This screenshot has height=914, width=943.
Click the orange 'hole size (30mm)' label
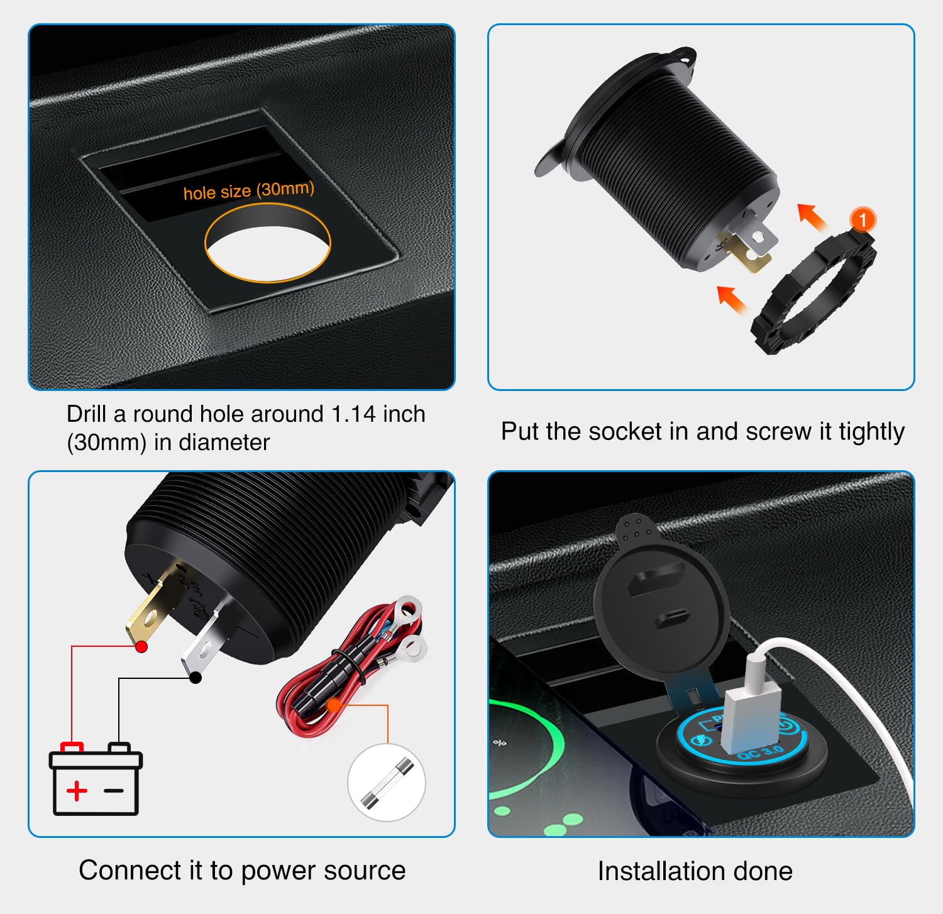point(248,190)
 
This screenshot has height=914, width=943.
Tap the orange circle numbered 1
point(863,219)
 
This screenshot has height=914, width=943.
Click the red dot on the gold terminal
point(141,646)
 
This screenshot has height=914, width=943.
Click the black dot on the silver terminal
point(196,677)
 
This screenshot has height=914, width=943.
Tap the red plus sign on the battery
point(77,790)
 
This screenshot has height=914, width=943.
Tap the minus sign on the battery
point(114,790)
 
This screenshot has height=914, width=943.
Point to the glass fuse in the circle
point(387,783)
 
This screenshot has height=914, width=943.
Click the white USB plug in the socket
point(751,717)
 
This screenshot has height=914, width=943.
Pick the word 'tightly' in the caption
point(871,432)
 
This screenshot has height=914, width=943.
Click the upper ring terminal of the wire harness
point(408,608)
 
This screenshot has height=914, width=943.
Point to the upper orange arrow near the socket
point(812,217)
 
